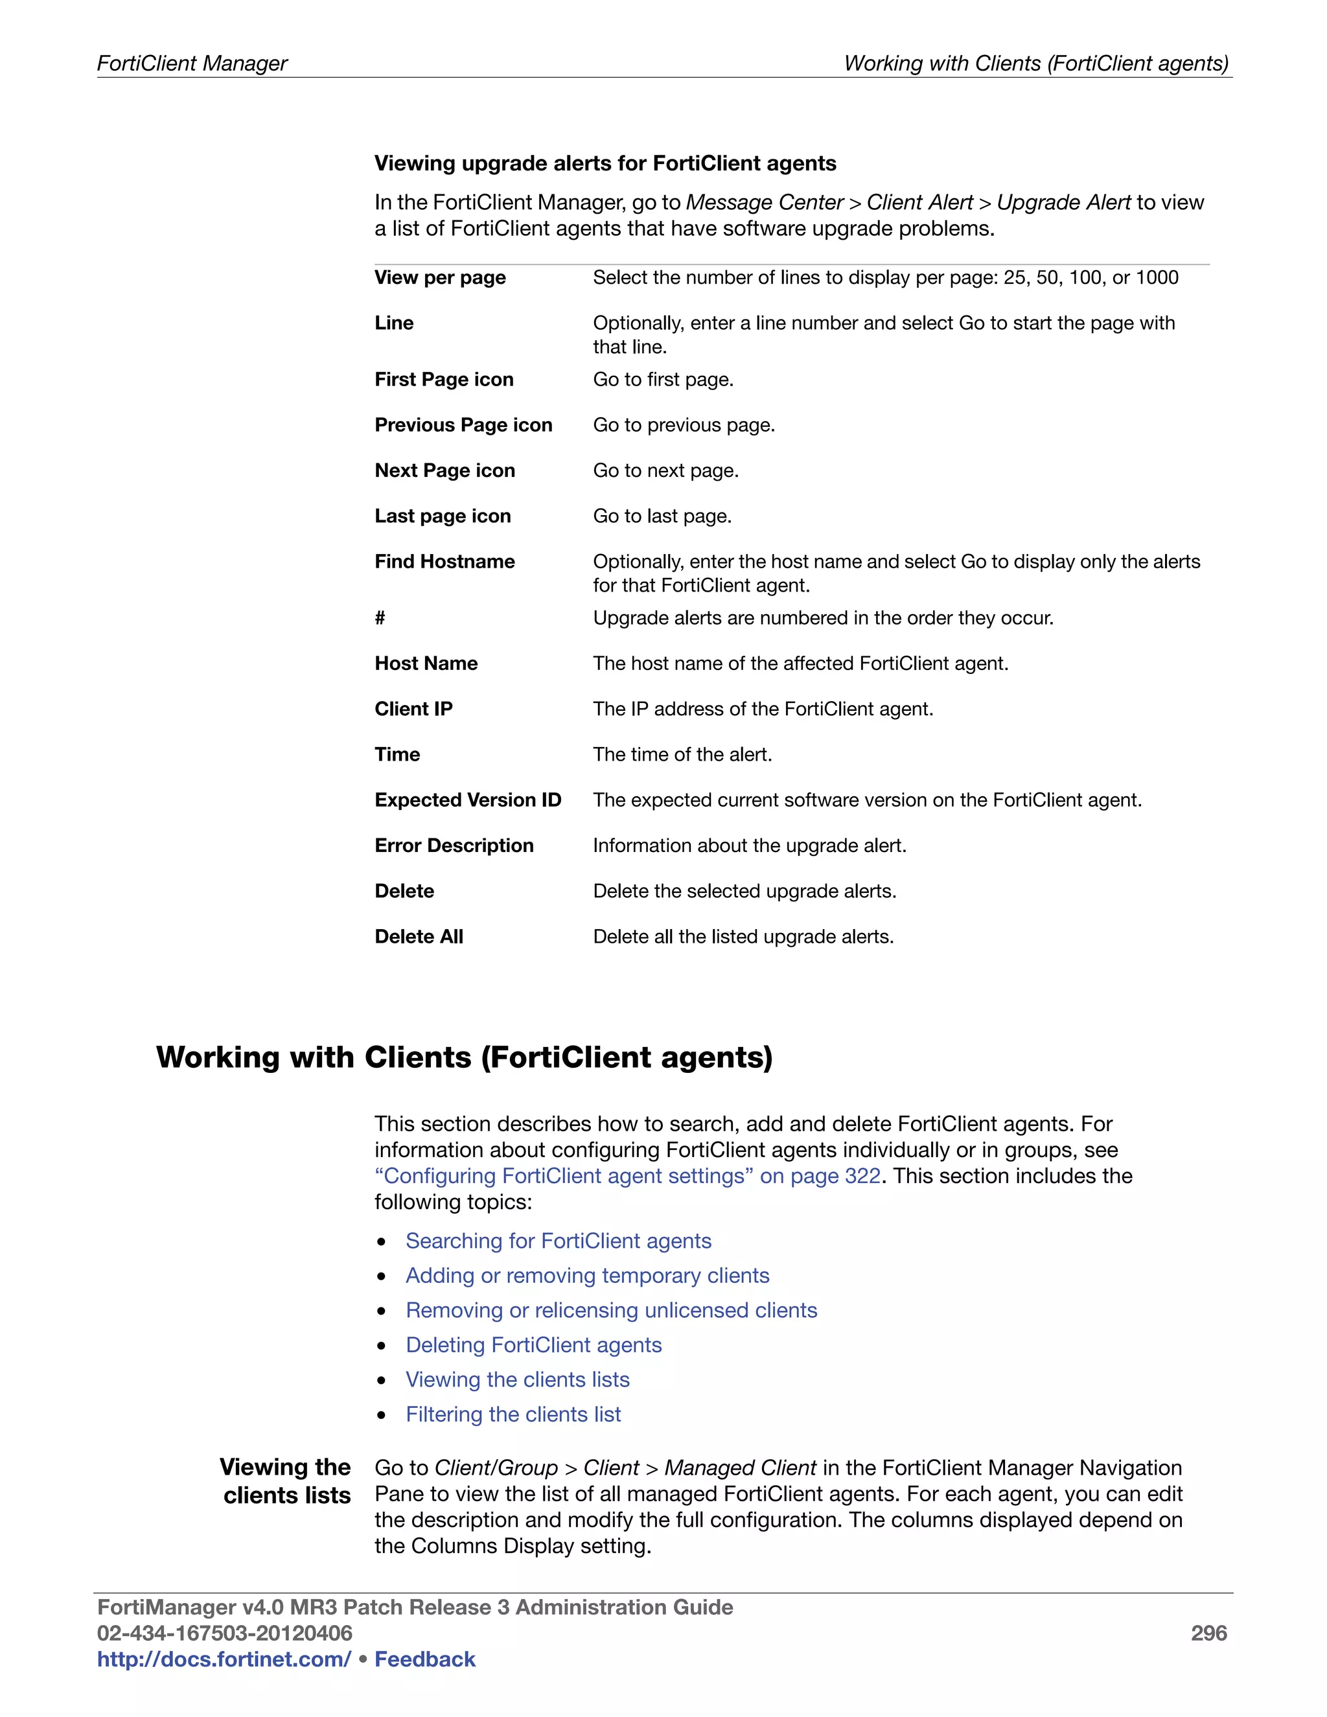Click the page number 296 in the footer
tap(1208, 1633)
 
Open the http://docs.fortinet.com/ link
tap(224, 1659)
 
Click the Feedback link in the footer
tap(424, 1659)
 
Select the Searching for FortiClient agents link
tap(558, 1241)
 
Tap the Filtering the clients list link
tap(513, 1414)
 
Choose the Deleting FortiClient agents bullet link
tap(533, 1345)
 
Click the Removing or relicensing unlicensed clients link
tap(611, 1311)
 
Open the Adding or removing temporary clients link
tap(587, 1275)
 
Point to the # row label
tap(380, 618)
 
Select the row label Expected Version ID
tap(468, 800)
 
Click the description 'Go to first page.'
tap(663, 380)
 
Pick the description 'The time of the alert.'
tap(682, 755)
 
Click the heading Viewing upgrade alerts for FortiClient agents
tap(605, 163)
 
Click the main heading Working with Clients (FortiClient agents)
tap(464, 1057)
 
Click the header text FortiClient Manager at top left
tap(192, 63)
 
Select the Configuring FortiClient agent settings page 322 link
tap(627, 1176)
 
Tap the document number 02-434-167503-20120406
tap(224, 1633)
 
